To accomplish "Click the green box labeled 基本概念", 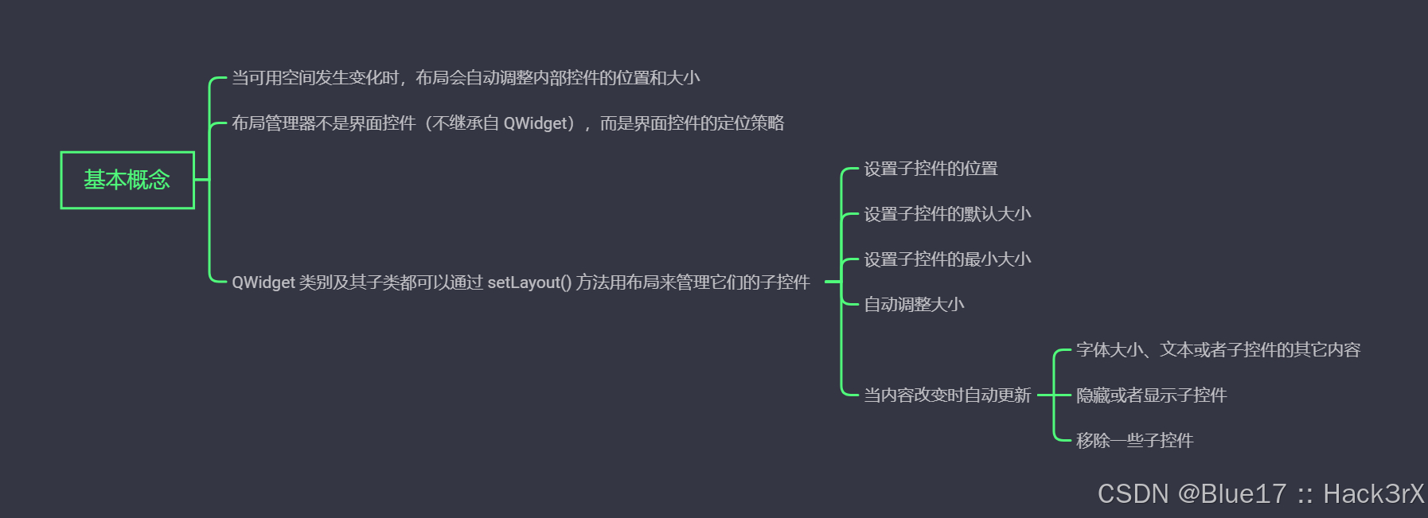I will coord(127,180).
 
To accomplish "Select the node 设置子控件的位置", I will coord(931,169).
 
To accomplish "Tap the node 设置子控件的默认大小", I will coord(947,214).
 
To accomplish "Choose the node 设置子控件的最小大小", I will coord(947,259).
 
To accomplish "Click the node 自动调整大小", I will coord(914,305).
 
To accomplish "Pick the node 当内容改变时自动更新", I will coord(947,395).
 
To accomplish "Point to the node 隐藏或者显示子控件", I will coord(1151,395).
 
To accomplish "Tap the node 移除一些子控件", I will coord(1134,441).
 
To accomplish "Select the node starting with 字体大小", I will coord(1218,350).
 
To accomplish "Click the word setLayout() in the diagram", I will coord(529,282).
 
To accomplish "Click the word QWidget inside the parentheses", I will coord(539,123).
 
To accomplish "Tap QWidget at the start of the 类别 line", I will coord(263,282).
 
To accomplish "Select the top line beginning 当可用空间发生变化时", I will coord(466,78).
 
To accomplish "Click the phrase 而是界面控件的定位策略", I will coord(692,123).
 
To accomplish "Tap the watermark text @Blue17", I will coord(1231,494).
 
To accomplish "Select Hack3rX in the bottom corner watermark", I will coord(1373,494).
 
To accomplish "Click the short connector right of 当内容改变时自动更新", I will coord(1045,395).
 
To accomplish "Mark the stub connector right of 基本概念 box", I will coord(201,180).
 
